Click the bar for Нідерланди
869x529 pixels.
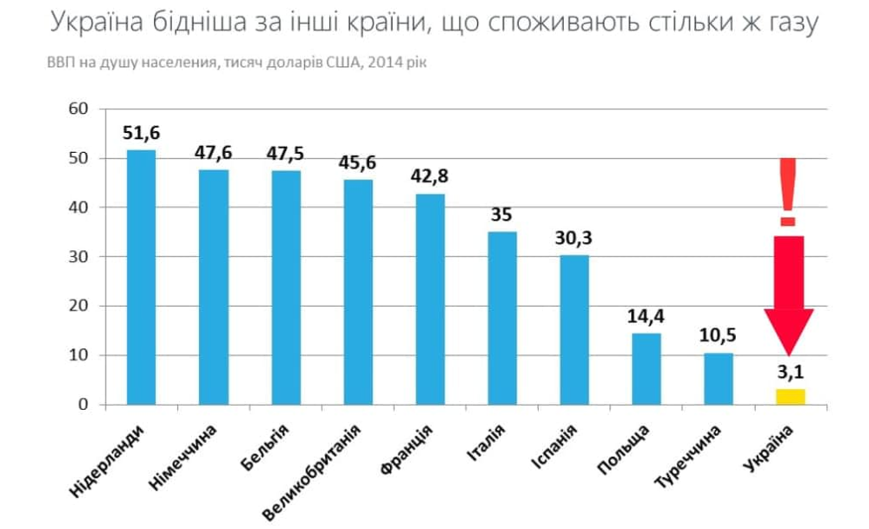coord(142,277)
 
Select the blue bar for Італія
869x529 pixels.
coord(502,318)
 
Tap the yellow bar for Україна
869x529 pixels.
coord(791,397)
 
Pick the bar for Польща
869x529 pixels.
coord(647,368)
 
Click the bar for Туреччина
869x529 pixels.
coord(719,378)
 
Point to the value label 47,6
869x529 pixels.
coord(214,154)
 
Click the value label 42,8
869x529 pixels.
coord(430,178)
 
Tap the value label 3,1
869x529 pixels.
coord(791,374)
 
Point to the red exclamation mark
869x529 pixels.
coord(788,191)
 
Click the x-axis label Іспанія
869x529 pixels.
coord(554,449)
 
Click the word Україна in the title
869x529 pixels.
coord(97,24)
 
